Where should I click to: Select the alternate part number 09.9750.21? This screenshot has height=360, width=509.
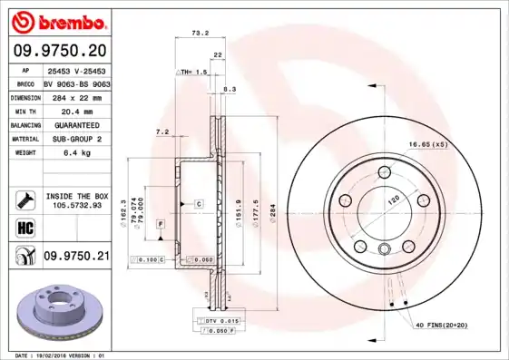point(77,258)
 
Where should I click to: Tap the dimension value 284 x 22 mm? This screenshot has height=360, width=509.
point(75,95)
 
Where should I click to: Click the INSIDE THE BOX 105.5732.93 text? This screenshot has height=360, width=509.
point(77,200)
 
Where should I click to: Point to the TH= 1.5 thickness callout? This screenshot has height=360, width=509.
point(194,71)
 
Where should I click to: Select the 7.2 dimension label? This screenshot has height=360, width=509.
point(162,132)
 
